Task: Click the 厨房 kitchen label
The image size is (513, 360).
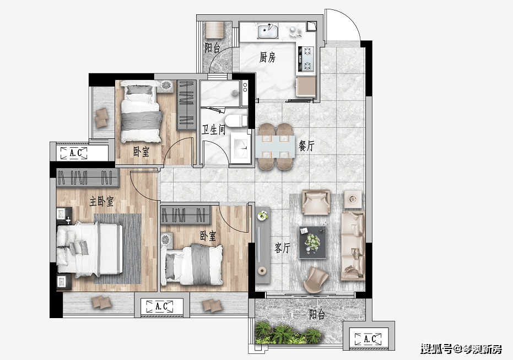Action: [x=267, y=57]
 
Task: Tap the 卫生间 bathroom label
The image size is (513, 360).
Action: [x=213, y=130]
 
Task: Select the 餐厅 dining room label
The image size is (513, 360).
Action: [x=306, y=146]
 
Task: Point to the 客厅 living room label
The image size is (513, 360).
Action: [x=282, y=248]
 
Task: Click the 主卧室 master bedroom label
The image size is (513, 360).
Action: [x=101, y=201]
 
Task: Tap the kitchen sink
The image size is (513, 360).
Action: [x=268, y=31]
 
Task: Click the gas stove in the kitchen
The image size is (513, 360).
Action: [x=307, y=59]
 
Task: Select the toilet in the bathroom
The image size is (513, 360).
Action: [x=236, y=121]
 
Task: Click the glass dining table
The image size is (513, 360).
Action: [x=275, y=146]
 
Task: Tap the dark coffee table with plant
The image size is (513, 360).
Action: [x=312, y=243]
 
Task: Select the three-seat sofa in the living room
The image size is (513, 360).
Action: [x=353, y=246]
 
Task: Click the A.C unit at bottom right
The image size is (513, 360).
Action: [x=368, y=338]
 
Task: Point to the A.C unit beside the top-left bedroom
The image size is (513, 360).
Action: [x=74, y=153]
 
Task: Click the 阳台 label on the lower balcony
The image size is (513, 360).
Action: [x=317, y=314]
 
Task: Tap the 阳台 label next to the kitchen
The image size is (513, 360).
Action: [x=212, y=48]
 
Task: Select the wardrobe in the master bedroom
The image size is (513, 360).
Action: [x=88, y=178]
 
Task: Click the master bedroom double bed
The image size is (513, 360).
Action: [x=89, y=248]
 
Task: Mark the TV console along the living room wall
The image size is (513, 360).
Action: [x=262, y=245]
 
